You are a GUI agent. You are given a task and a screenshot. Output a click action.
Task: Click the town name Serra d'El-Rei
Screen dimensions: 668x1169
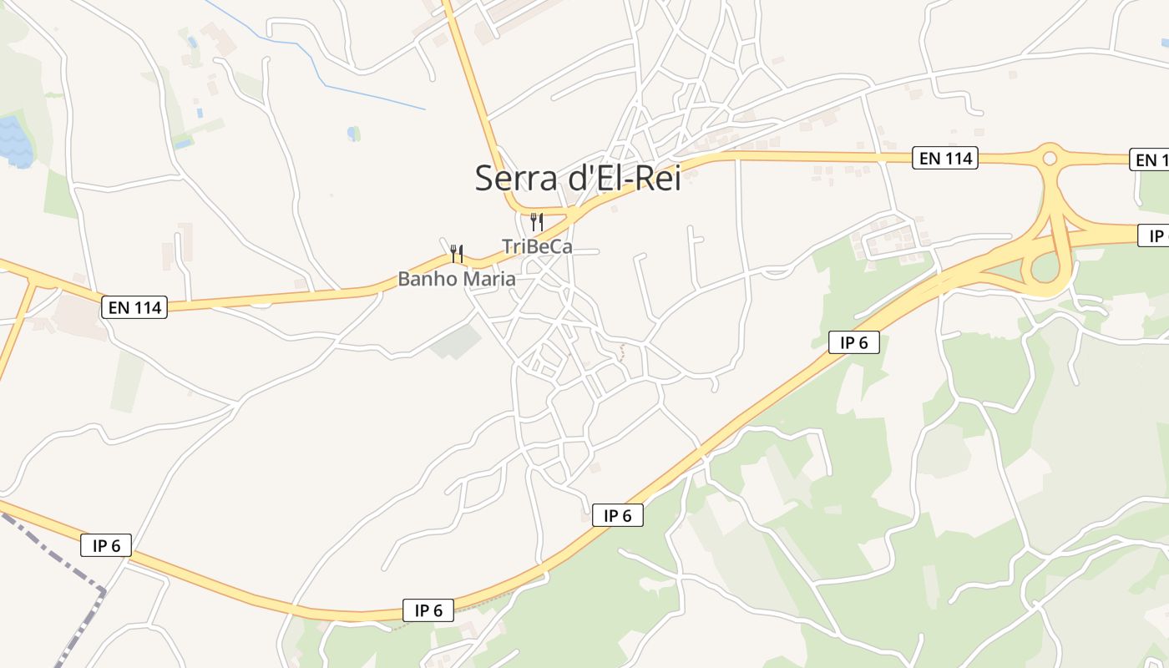click(578, 178)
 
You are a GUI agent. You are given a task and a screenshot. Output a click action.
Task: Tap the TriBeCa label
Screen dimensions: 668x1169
click(537, 246)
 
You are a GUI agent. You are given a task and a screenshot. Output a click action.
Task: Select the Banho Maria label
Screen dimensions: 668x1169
click(456, 279)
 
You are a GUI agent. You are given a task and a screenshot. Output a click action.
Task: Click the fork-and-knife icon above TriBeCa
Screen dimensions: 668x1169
click(537, 222)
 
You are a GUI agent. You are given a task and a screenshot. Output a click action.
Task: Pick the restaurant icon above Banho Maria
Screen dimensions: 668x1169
click(456, 253)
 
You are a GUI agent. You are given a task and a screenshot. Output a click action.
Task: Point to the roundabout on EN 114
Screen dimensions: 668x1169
click(1050, 157)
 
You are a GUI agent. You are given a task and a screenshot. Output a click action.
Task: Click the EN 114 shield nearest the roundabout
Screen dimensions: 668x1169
click(945, 157)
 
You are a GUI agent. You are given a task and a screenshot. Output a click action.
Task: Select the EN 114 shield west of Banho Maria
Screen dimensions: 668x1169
click(134, 307)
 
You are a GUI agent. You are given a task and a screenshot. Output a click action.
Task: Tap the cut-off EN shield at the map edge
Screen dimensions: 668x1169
click(1150, 159)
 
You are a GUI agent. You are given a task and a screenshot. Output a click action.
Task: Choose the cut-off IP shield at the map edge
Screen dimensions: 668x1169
click(1153, 235)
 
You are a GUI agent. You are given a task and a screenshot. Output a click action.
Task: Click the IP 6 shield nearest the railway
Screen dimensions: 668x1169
click(106, 546)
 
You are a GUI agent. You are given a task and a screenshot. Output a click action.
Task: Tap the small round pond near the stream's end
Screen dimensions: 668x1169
click(354, 133)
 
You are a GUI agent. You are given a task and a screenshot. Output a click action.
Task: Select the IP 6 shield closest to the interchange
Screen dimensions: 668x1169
click(853, 342)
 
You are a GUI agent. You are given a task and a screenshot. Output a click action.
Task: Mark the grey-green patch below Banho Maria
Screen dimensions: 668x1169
click(457, 341)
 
